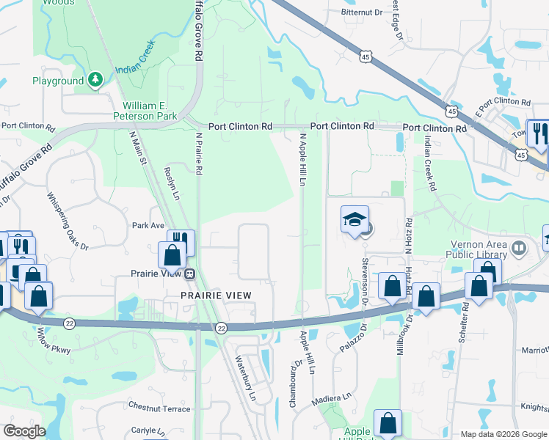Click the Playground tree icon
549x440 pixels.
click(95, 81)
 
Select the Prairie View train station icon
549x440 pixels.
click(189, 274)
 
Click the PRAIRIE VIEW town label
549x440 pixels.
click(217, 296)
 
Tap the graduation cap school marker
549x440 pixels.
click(355, 220)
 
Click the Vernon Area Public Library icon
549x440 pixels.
click(520, 248)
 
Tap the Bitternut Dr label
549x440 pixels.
click(363, 12)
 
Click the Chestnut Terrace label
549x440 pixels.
click(159, 408)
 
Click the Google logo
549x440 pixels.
click(24, 431)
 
